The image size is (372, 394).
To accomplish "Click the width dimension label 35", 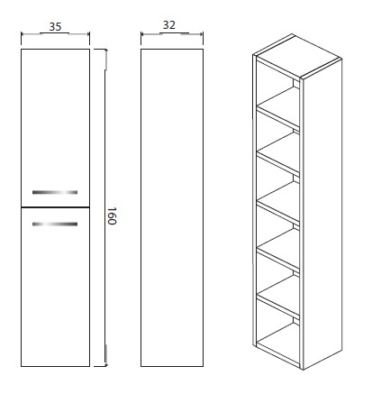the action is point(55,27).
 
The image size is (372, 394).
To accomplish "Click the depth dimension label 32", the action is point(169,25).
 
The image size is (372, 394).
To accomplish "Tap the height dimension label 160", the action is point(112,215).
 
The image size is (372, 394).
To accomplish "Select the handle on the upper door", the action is point(55,192).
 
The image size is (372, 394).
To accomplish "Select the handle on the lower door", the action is point(55,224).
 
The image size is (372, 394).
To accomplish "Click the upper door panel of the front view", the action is point(55,128).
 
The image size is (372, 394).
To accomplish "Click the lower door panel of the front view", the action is point(55,287).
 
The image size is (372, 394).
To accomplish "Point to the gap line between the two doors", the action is point(55,207).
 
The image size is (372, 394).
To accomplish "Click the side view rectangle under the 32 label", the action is point(172,207).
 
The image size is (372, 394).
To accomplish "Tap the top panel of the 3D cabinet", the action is point(297,55).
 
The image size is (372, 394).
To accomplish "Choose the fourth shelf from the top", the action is point(279,251).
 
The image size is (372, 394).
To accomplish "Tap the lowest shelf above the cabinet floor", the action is point(279,297).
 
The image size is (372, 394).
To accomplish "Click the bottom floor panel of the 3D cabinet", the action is point(279,344).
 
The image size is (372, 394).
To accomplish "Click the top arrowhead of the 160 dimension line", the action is point(105,51).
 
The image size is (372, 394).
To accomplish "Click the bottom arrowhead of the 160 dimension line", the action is point(105,363).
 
